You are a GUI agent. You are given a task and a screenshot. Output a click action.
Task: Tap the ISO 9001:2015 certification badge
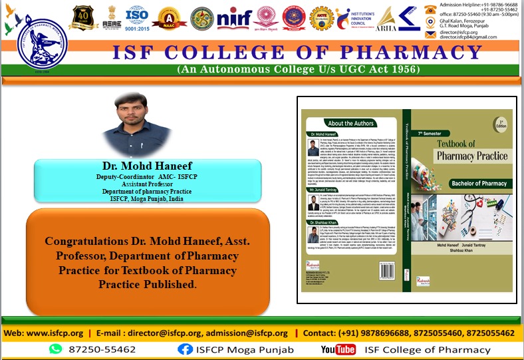(x=137, y=19)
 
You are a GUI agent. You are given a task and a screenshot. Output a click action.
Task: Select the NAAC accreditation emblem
(x=170, y=19)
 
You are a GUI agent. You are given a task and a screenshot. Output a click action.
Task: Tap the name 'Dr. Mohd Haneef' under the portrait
(x=138, y=165)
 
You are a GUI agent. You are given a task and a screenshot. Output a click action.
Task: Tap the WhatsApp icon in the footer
(x=55, y=349)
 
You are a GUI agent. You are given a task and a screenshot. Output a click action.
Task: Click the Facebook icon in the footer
(x=185, y=349)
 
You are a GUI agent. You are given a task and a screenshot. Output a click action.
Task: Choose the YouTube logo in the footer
(x=338, y=349)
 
